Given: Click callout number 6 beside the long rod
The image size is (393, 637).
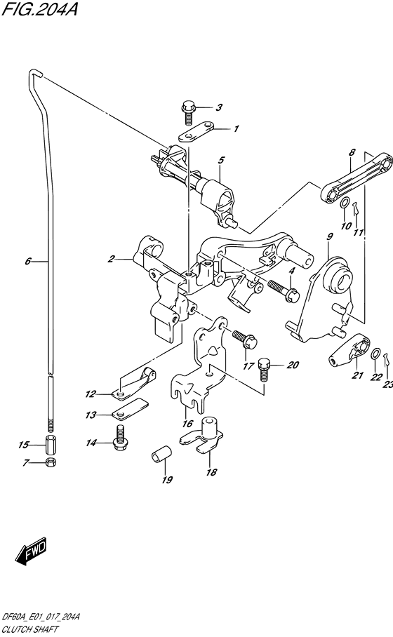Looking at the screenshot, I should (x=28, y=262).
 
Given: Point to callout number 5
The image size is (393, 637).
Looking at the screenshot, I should (x=220, y=160).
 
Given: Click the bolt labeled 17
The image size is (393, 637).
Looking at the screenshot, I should (x=245, y=340).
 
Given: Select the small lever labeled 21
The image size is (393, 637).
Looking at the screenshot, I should (x=348, y=350).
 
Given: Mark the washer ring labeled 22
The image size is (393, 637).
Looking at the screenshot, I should (x=375, y=353).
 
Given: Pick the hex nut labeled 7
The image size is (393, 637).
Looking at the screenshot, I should (x=51, y=463).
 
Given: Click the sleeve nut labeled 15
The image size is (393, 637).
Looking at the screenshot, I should (x=51, y=444).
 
